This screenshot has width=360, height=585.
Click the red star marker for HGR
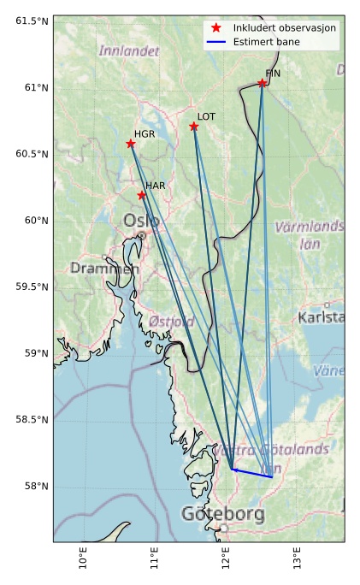pyautogui.click(x=131, y=144)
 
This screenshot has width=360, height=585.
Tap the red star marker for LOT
pyautogui.click(x=194, y=127)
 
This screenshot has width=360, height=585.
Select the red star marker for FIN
pyautogui.click(x=263, y=83)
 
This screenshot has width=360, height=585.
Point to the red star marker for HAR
pyautogui.click(x=142, y=196)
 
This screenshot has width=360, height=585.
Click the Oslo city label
pyautogui.click(x=141, y=221)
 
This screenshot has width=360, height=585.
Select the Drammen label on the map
pyautogui.click(x=104, y=269)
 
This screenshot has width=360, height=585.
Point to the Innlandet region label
pyautogui.click(x=129, y=51)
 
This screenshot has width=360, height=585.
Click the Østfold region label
pyautogui.click(x=171, y=322)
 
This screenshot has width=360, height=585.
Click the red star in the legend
pyautogui.click(x=216, y=28)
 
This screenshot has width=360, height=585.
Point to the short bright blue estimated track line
pyautogui.click(x=252, y=473)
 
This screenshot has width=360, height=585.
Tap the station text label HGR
pyautogui.click(x=145, y=134)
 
